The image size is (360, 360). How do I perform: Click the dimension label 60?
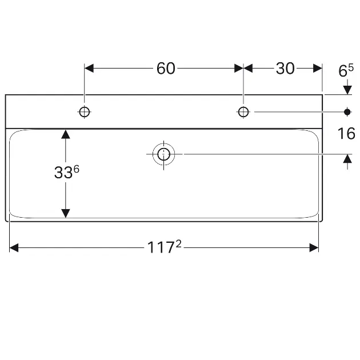[166, 68]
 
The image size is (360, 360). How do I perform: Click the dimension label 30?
[285, 68]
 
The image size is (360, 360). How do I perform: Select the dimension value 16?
[346, 134]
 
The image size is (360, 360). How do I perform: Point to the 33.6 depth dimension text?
[66, 173]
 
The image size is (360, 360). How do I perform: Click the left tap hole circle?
[85, 112]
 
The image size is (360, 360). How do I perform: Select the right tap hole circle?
[243, 112]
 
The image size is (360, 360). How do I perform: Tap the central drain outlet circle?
[164, 154]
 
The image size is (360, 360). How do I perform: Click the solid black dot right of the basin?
[347, 112]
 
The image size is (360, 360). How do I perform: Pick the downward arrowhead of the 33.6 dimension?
[66, 213]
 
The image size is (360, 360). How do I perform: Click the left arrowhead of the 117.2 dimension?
[15, 247]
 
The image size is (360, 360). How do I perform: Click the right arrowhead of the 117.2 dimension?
[313, 247]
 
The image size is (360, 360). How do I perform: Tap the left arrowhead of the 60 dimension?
[89, 68]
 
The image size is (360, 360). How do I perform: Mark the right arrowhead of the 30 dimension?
[317, 68]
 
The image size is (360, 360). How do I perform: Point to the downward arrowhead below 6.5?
[347, 90]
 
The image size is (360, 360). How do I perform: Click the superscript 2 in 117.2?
[178, 244]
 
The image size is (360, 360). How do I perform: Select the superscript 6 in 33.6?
[76, 169]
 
